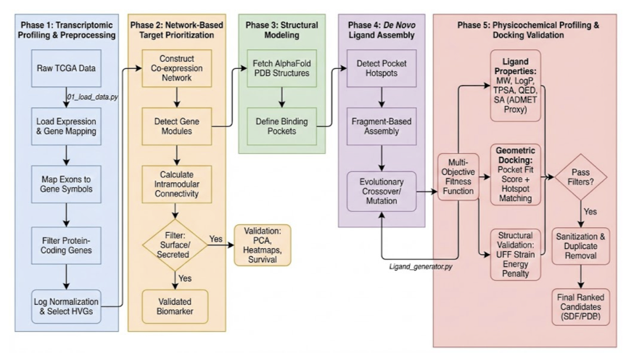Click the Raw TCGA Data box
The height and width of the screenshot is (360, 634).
pos(66,69)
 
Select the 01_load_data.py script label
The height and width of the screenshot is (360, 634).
pos(91,97)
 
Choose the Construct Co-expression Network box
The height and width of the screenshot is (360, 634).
pos(176,68)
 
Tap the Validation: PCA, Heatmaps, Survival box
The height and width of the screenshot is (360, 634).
pos(262,244)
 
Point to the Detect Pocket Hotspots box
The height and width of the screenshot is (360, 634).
pos(382,68)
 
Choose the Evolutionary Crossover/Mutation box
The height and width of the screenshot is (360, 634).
pos(382,191)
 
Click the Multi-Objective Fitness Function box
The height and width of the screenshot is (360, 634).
pos(459,176)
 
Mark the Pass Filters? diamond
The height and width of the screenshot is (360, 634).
pos(580,176)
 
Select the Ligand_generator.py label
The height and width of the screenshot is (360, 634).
pos(421,267)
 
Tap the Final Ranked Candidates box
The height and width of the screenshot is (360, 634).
pos(580,307)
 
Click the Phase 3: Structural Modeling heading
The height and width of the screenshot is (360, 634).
pos(281,30)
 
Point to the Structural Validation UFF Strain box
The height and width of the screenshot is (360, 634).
pos(516,254)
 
